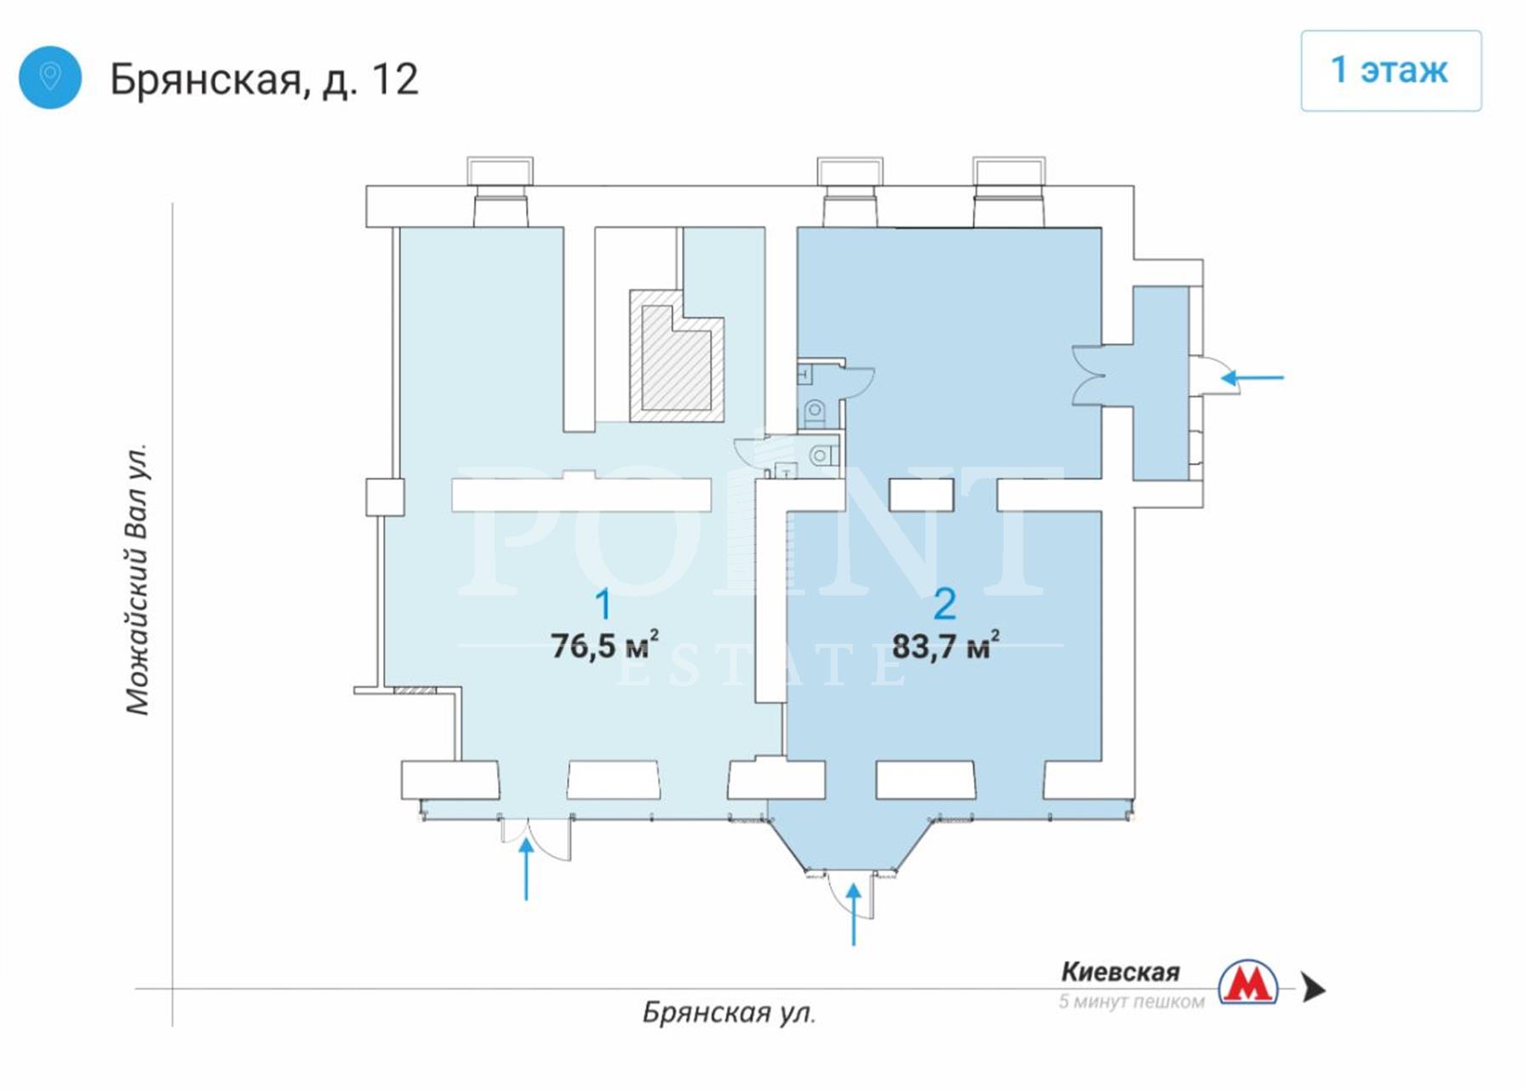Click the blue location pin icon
pyautogui.click(x=49, y=77)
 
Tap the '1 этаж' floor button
pyautogui.click(x=1390, y=71)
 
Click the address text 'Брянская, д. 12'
pyautogui.click(x=264, y=79)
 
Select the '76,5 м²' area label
pyautogui.click(x=604, y=645)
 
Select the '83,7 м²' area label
pyautogui.click(x=945, y=645)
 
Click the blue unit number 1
pyautogui.click(x=603, y=605)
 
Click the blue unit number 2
pyautogui.click(x=945, y=605)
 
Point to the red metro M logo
pyautogui.click(x=1248, y=983)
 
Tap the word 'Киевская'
pyautogui.click(x=1120, y=972)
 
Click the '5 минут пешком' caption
pyautogui.click(x=1131, y=1001)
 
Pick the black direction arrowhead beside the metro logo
pyautogui.click(x=1314, y=989)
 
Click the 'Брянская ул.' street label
pyautogui.click(x=729, y=1013)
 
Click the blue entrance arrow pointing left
pyautogui.click(x=1252, y=377)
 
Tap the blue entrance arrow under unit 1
pyautogui.click(x=526, y=868)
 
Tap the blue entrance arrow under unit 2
pyautogui.click(x=854, y=914)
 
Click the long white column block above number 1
pyautogui.click(x=581, y=493)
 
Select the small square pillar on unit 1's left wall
pyautogui.click(x=385, y=497)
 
